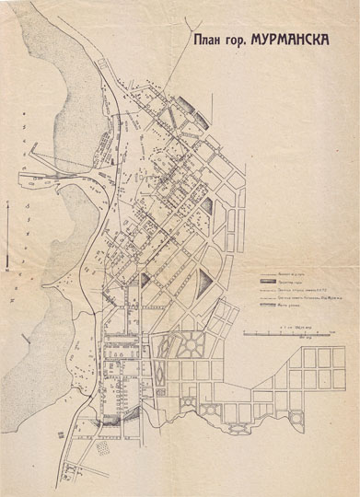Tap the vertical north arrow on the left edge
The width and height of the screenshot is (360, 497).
pos(7,235)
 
